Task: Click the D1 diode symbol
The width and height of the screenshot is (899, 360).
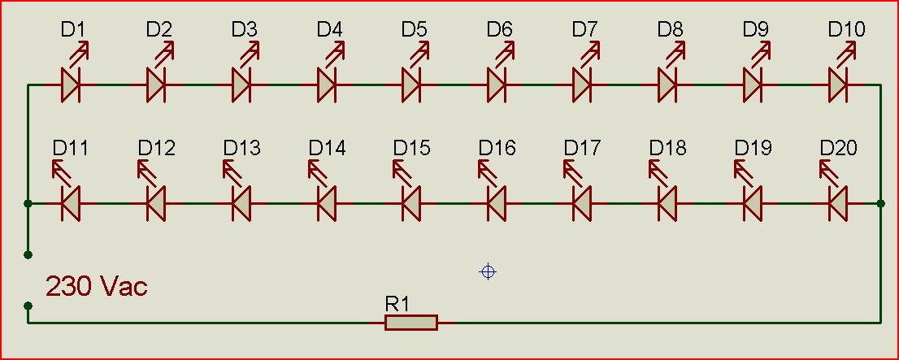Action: pyautogui.click(x=71, y=85)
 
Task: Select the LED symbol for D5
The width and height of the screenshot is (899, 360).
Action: pyautogui.click(x=411, y=85)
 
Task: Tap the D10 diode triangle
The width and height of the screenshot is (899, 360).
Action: pyautogui.click(x=838, y=85)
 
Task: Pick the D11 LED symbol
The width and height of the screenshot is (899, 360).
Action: pyautogui.click(x=71, y=203)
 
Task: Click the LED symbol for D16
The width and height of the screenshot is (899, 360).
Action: pyautogui.click(x=497, y=203)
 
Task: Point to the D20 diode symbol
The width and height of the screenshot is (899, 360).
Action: pyautogui.click(x=838, y=203)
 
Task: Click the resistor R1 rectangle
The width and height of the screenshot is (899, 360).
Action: pyautogui.click(x=411, y=323)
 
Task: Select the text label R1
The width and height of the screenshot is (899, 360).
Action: pyautogui.click(x=397, y=304)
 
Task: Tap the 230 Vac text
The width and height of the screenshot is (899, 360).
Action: pyautogui.click(x=96, y=287)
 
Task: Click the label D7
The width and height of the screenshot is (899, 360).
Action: pyautogui.click(x=584, y=30)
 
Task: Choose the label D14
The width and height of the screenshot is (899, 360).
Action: pyautogui.click(x=327, y=149)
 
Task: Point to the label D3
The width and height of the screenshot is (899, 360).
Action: pyautogui.click(x=244, y=30)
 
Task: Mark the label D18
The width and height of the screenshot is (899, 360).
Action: pyautogui.click(x=668, y=149)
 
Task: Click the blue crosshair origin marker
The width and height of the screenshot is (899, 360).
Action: pyautogui.click(x=488, y=271)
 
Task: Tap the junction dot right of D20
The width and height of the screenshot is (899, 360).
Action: pyautogui.click(x=881, y=203)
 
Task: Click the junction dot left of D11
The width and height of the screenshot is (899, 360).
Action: pyautogui.click(x=28, y=203)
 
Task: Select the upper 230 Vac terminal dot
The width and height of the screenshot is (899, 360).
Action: pyautogui.click(x=28, y=254)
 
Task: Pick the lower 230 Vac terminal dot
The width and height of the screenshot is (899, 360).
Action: pyautogui.click(x=28, y=306)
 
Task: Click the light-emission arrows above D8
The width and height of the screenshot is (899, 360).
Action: pyautogui.click(x=676, y=53)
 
